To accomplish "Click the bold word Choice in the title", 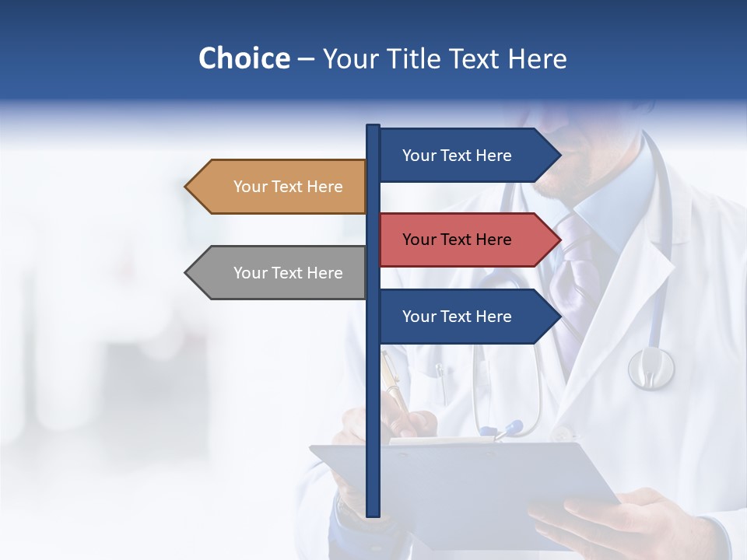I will (244, 58).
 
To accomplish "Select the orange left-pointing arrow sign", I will (280, 187).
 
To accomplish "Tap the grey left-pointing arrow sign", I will (280, 273).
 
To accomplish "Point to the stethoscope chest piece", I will (651, 367).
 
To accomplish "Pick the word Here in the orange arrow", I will (324, 187).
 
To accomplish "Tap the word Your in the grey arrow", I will (250, 273).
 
